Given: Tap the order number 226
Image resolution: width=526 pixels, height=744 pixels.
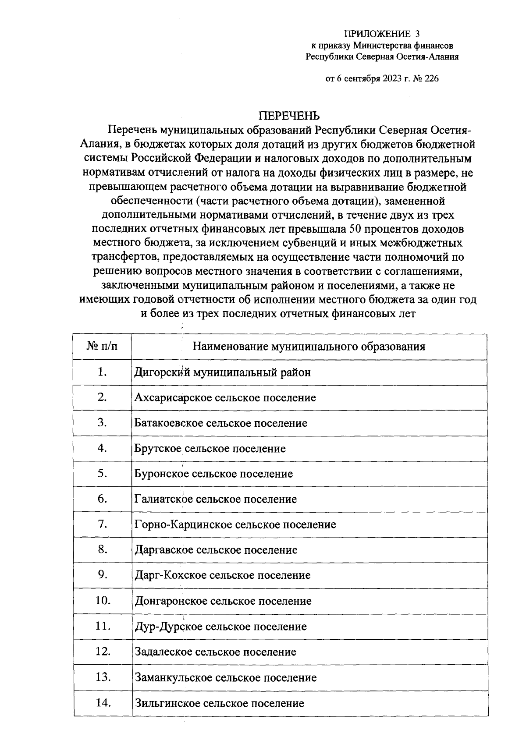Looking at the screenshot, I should tap(430, 79).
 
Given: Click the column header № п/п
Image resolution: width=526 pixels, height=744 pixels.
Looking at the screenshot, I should tap(103, 347).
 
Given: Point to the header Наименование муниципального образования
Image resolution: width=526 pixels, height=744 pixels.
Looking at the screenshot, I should tap(309, 347).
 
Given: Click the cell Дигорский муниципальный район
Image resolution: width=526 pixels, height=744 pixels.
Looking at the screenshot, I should tap(223, 372).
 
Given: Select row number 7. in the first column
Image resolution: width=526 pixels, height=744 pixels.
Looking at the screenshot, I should tap(103, 524).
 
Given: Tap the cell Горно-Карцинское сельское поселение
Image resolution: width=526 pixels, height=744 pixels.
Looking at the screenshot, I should tap(235, 524).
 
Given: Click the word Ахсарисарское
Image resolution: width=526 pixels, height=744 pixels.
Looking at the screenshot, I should tap(173, 398).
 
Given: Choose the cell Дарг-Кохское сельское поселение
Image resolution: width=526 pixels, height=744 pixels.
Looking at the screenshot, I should tap(223, 575).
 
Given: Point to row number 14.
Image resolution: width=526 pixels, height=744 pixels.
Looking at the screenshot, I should tap(103, 702).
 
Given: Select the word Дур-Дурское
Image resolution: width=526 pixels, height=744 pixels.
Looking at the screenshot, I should tap(168, 627).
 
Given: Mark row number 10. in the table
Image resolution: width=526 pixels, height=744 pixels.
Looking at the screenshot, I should tap(103, 600).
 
